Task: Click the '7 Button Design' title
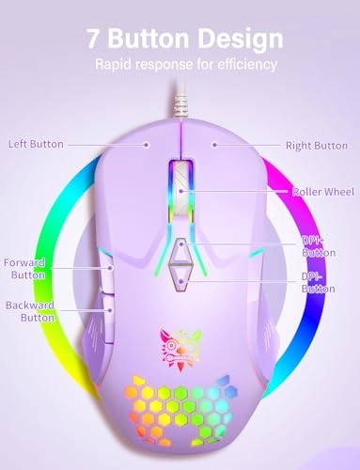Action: coord(183,39)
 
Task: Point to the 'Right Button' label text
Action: coord(318,146)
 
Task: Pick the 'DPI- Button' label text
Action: coord(317,282)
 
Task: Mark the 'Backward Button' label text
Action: coord(29,312)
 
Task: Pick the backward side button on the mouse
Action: coord(110,309)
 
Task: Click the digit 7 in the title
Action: coord(94,39)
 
